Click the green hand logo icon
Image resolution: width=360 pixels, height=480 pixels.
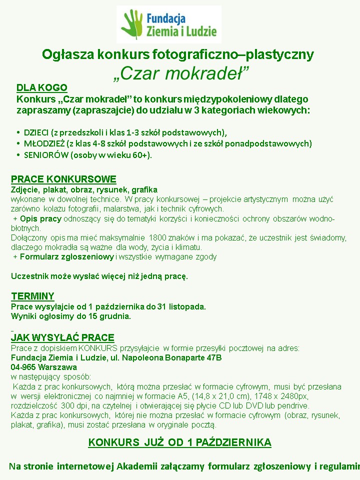[131, 23]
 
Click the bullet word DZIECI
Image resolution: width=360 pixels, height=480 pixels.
[36, 132]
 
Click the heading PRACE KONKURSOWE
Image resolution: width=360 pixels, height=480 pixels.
[63, 179]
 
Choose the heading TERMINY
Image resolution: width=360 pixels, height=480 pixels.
[32, 296]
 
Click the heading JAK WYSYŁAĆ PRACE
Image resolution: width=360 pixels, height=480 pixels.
[62, 337]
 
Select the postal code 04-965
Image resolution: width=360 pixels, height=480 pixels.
[22, 367]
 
